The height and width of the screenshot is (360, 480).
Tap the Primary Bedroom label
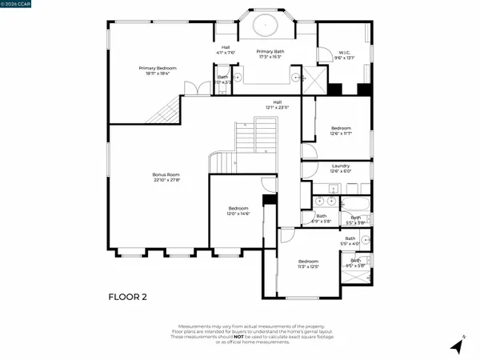tap(157, 70)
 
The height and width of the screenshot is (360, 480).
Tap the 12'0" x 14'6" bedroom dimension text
tap(239, 214)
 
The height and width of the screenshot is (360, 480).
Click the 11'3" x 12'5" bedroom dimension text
tap(308, 266)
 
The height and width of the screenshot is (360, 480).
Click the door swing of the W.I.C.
tap(324, 56)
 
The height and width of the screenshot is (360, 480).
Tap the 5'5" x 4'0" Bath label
tap(350, 241)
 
